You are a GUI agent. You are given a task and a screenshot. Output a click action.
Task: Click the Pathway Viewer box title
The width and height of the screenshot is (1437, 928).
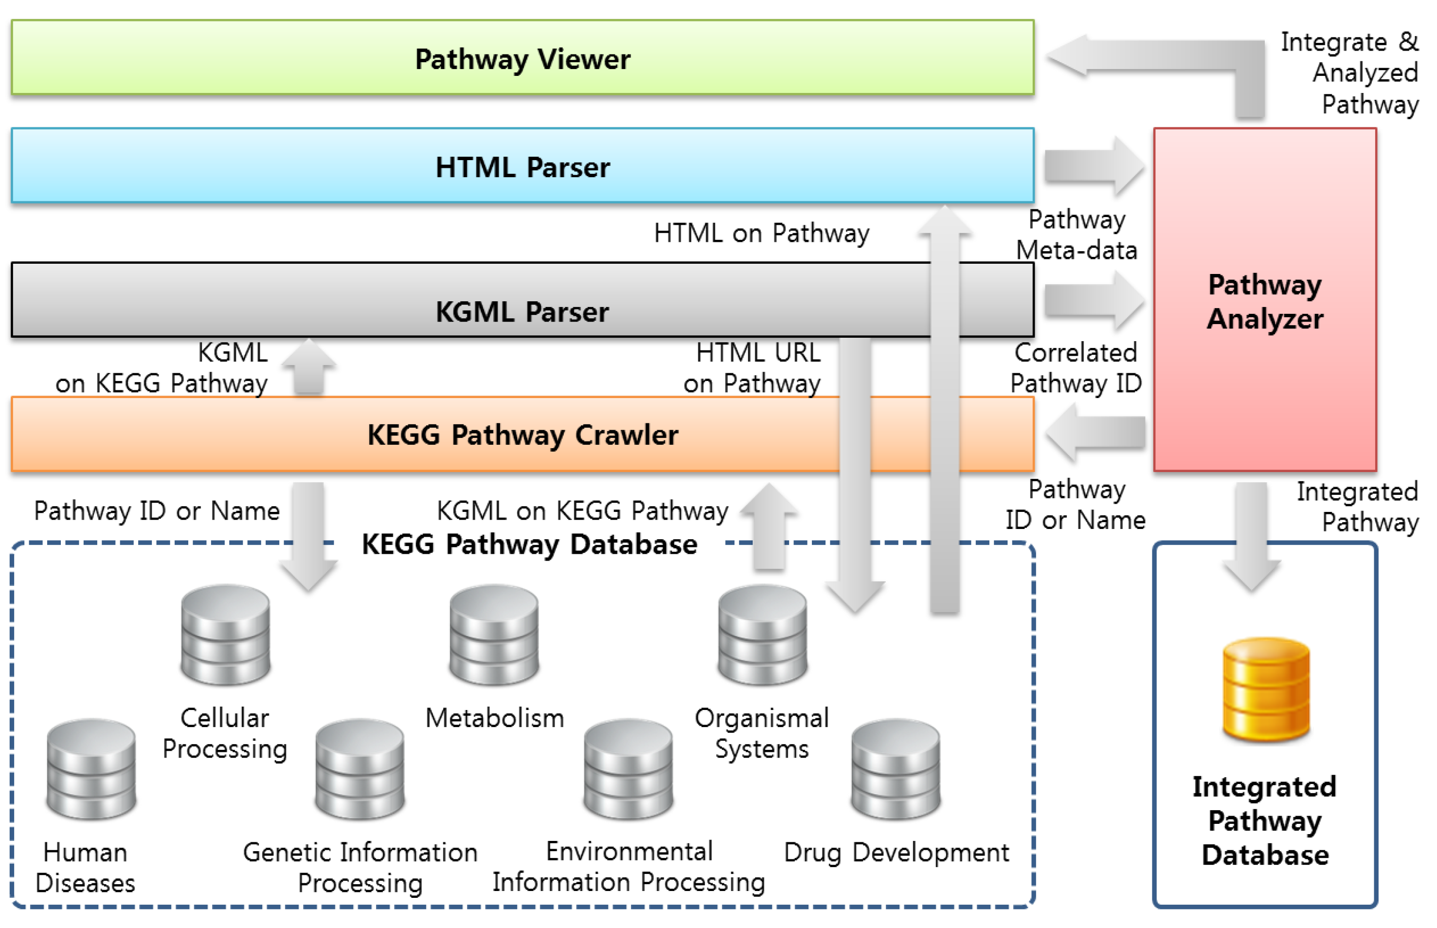(x=522, y=59)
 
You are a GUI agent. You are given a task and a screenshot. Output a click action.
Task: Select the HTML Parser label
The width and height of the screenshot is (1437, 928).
(x=522, y=167)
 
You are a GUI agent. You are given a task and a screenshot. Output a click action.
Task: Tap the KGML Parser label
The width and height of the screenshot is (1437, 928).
(x=522, y=311)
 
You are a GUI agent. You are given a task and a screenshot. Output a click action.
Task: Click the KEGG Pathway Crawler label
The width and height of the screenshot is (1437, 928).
(x=522, y=435)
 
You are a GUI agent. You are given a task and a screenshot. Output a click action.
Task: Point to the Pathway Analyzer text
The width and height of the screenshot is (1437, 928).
(x=1264, y=301)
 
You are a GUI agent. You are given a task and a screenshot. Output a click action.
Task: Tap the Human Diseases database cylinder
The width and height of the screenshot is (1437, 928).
(x=91, y=769)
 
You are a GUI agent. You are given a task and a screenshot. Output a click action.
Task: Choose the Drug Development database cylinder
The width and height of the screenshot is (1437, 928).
(x=896, y=769)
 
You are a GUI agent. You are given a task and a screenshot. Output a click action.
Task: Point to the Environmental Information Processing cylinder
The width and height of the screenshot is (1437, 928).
(x=628, y=769)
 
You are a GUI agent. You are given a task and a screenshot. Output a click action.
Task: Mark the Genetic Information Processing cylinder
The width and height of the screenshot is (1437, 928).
(x=360, y=769)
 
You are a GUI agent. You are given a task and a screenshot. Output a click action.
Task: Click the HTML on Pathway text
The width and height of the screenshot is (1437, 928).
(x=761, y=233)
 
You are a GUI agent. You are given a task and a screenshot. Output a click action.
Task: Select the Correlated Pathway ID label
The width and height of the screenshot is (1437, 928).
(x=1076, y=367)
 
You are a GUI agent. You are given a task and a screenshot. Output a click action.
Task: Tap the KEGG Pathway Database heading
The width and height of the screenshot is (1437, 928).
(x=529, y=544)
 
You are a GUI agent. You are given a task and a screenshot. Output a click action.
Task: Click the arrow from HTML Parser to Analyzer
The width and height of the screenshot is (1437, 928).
(x=1093, y=166)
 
